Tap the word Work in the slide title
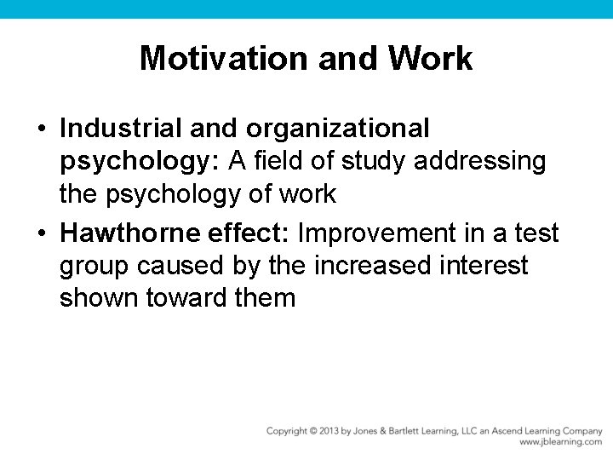[x=430, y=58]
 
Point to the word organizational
[x=338, y=128]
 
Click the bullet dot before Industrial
[x=42, y=129]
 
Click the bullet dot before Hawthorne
[x=42, y=233]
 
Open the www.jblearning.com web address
[x=560, y=443]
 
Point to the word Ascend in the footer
[x=501, y=431]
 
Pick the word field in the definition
[x=255, y=161]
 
